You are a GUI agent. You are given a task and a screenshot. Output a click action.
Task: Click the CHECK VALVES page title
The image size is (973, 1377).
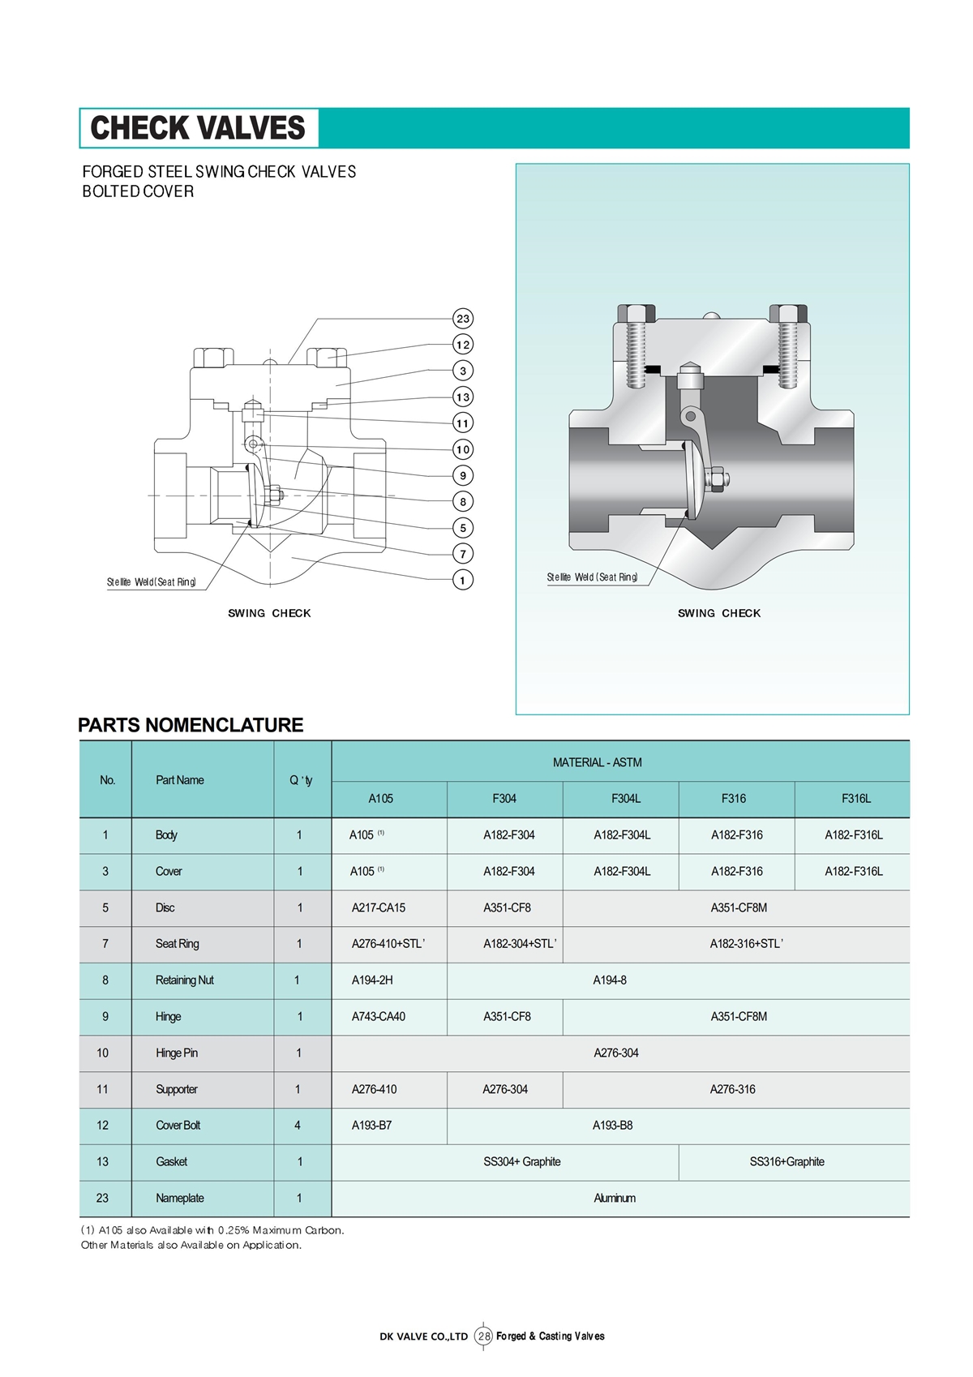click(x=198, y=128)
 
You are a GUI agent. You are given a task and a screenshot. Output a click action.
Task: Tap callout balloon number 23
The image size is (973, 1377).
click(x=463, y=319)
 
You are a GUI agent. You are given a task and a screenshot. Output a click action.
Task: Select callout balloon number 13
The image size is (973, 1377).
click(x=463, y=397)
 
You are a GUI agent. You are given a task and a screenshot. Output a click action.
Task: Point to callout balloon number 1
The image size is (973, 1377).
click(x=463, y=580)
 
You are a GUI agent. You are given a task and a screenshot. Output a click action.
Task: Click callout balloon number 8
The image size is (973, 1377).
click(x=463, y=502)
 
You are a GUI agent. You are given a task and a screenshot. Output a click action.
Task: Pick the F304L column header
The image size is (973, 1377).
click(x=625, y=799)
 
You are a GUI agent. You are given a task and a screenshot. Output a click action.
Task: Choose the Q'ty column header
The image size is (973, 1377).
click(x=301, y=780)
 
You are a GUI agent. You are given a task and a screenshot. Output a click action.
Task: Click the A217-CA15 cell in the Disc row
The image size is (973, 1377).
click(x=378, y=907)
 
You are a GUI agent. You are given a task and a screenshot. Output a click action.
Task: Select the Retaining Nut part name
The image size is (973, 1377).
click(x=185, y=980)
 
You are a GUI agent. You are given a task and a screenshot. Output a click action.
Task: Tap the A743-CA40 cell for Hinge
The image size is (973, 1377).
click(x=378, y=1016)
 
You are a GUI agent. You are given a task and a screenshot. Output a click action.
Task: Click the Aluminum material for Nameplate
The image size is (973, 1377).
click(x=615, y=1198)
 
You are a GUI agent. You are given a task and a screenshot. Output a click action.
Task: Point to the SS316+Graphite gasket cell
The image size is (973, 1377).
click(x=787, y=1161)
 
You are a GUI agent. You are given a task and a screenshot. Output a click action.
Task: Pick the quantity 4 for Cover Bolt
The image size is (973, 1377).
click(x=298, y=1125)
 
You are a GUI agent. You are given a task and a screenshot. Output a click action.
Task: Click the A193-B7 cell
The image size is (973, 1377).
click(x=371, y=1125)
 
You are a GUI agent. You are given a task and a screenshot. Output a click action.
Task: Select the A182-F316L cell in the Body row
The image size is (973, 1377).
click(x=854, y=834)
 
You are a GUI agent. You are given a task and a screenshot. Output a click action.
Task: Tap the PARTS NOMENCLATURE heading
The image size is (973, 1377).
click(x=191, y=725)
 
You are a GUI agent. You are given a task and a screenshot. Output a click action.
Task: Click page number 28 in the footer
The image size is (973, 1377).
click(x=484, y=1336)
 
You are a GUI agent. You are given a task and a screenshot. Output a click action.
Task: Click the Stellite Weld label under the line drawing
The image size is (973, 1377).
click(x=152, y=581)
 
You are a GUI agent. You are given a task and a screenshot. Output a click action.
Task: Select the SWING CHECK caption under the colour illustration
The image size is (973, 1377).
click(x=719, y=613)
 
